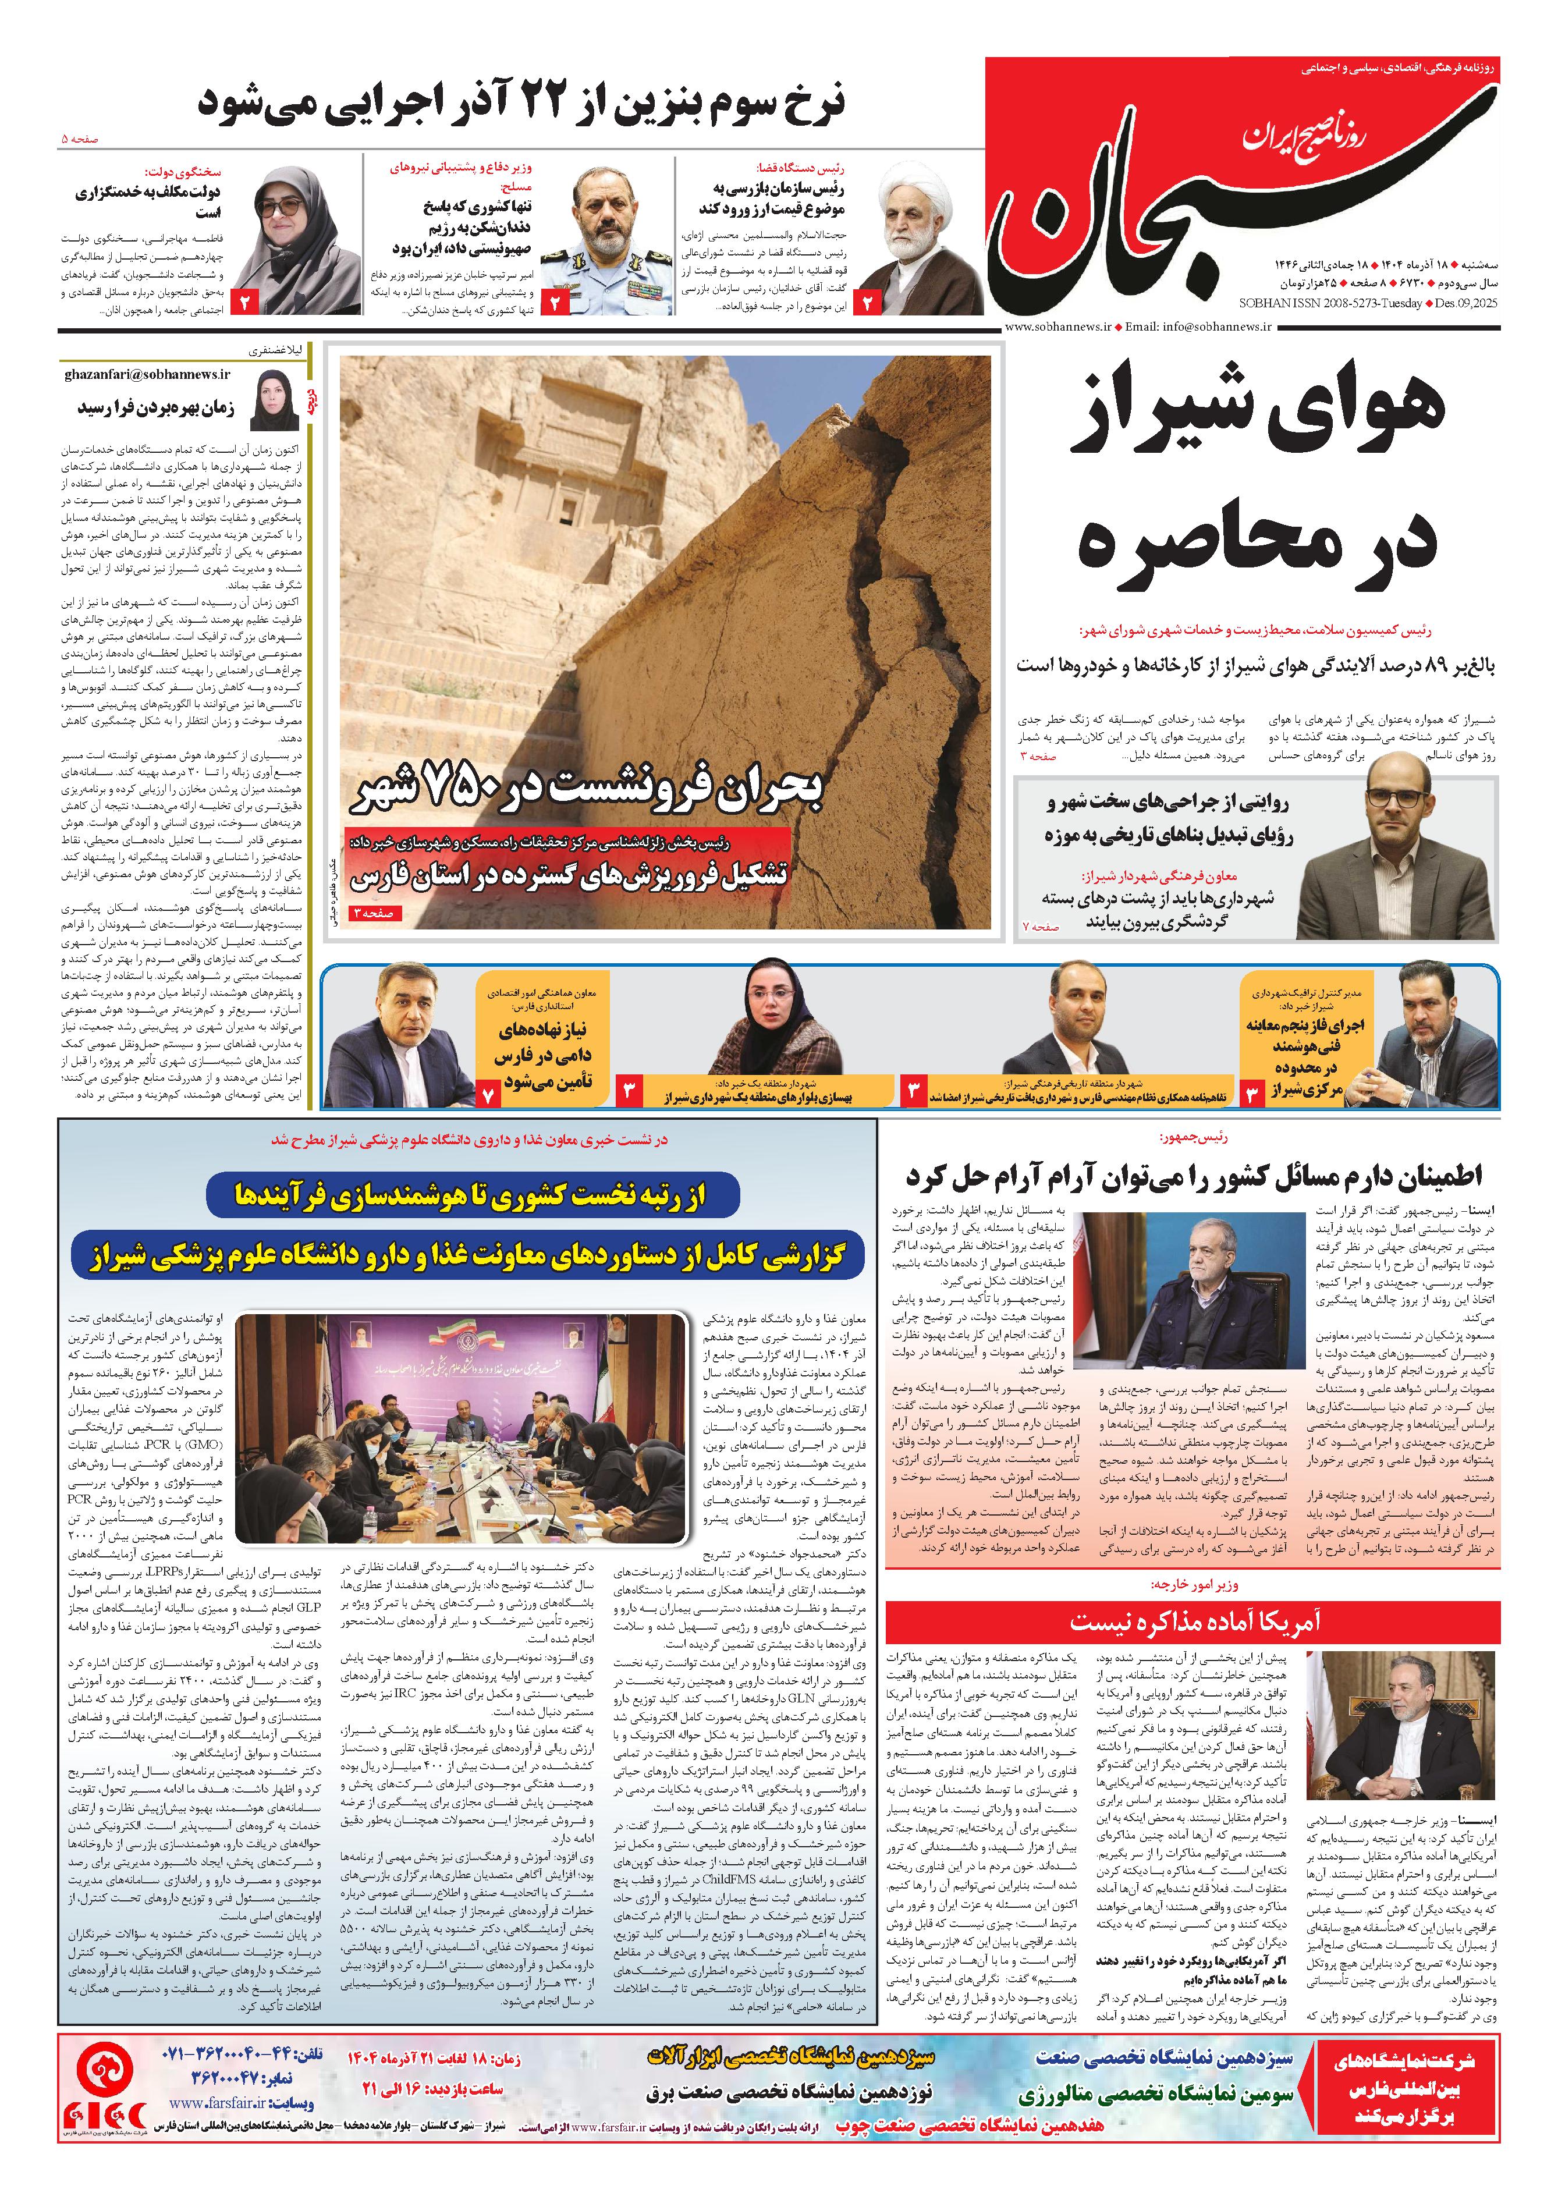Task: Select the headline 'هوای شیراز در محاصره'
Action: click(1257, 480)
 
